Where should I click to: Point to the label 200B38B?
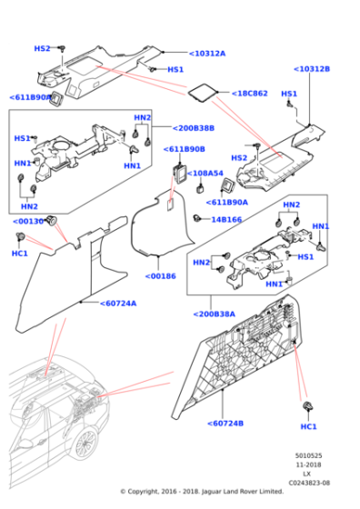pos(193,128)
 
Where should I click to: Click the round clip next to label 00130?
pos(54,219)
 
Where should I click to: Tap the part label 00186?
pos(161,275)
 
